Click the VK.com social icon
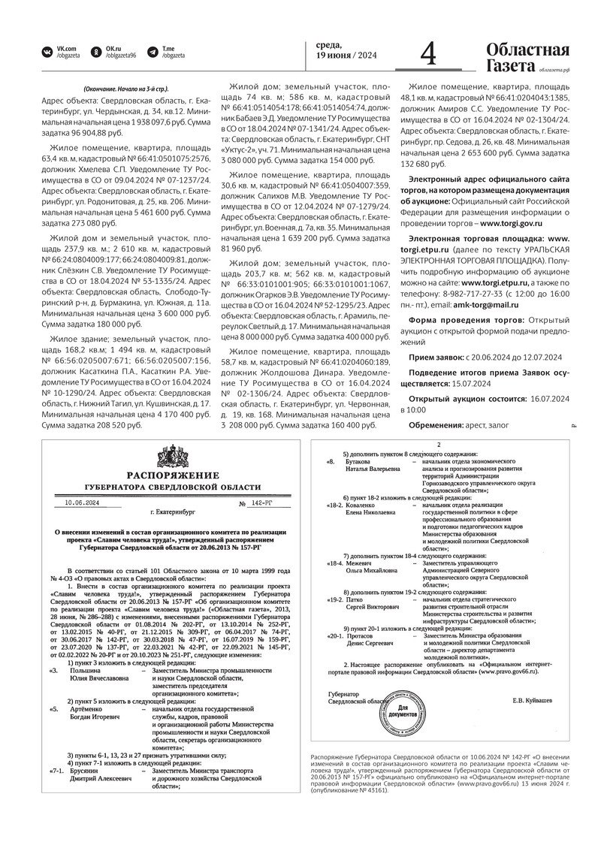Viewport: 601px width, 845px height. coord(47,51)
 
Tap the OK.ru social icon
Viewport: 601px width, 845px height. coord(96,51)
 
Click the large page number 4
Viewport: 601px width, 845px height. coord(428,54)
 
